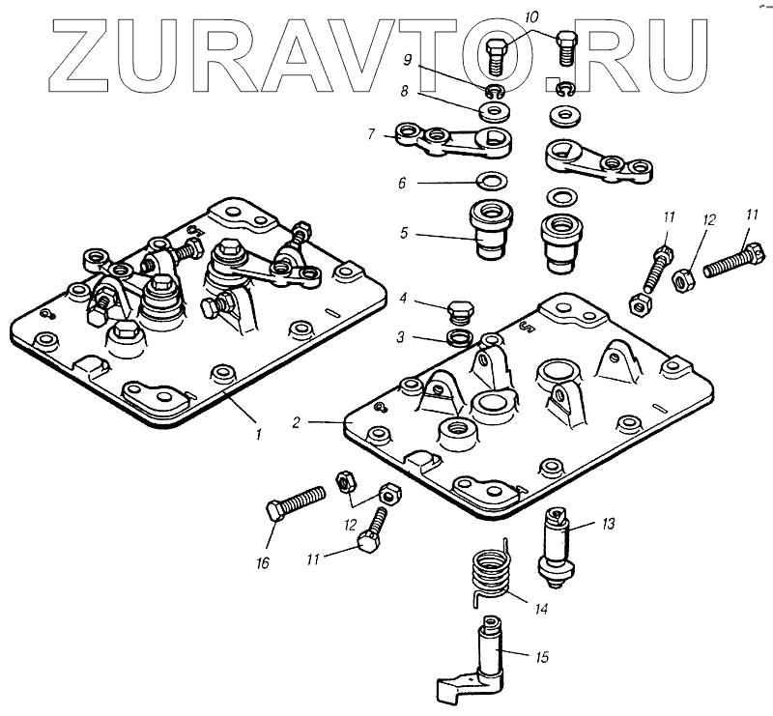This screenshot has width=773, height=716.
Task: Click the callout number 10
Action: [x=532, y=17]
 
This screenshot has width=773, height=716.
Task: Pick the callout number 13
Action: [x=608, y=524]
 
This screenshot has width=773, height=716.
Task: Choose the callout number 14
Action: [x=541, y=609]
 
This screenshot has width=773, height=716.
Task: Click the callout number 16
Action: [x=262, y=562]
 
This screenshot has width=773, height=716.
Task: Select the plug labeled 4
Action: [x=461, y=312]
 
